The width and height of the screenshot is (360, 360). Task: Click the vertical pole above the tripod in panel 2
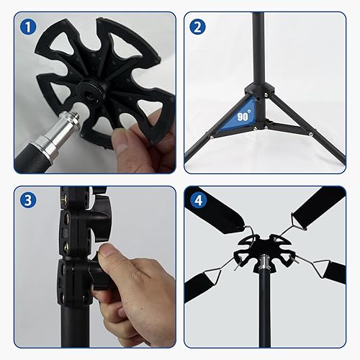pos(257,43)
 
